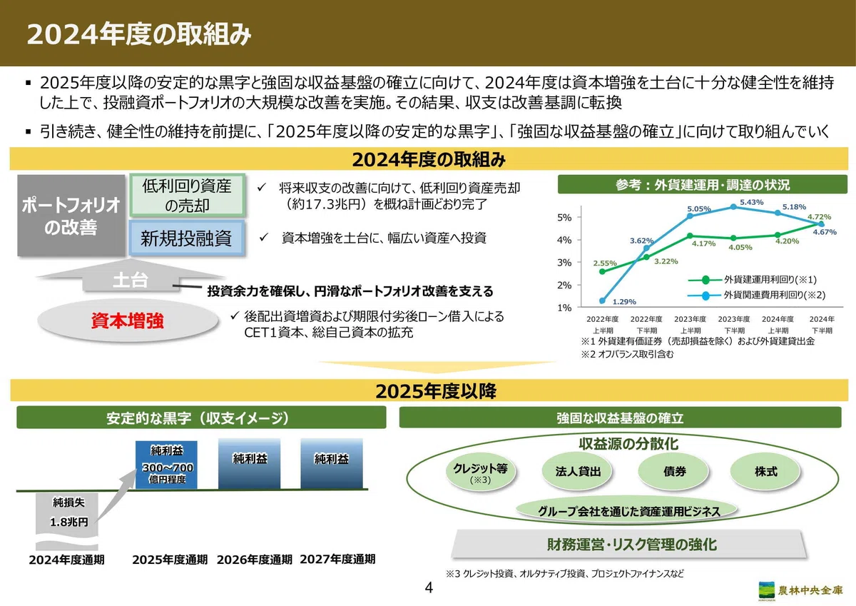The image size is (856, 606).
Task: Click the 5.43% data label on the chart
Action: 751,202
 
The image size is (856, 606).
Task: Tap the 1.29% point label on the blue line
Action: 624,302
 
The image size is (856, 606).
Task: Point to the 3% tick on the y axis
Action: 564,263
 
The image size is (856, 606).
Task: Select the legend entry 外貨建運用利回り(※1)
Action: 752,280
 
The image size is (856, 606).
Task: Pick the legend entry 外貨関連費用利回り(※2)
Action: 756,296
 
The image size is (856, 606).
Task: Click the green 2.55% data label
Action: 605,263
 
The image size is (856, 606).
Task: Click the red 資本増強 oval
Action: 128,320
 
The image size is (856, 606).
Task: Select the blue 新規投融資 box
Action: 186,238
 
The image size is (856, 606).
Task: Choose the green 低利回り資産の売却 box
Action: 187,196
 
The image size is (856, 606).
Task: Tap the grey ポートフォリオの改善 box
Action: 71,216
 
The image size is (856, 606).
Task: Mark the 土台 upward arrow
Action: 131,276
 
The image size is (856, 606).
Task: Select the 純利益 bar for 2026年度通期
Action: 249,463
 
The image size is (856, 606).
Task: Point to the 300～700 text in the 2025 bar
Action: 168,468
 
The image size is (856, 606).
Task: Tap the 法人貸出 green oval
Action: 577,471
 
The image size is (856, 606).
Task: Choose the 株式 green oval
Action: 765,471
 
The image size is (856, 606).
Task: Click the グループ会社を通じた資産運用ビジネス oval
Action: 627,511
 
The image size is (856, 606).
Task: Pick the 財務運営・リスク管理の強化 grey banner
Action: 630,544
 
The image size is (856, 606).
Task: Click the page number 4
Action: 429,587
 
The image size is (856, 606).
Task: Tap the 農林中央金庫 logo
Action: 800,590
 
